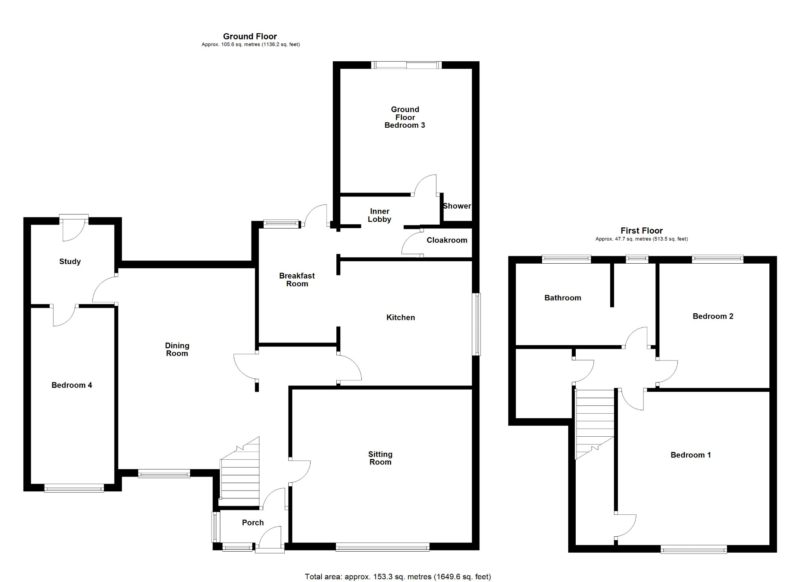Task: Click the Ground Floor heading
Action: (x=250, y=36)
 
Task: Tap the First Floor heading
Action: (x=641, y=230)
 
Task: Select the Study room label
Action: (x=70, y=261)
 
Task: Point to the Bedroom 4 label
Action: (x=72, y=385)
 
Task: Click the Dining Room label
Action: (x=177, y=349)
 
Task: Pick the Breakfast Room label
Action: (x=297, y=280)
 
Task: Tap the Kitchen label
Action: (x=400, y=318)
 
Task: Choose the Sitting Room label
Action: (x=380, y=458)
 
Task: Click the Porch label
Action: (x=253, y=523)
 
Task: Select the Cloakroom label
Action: (x=447, y=240)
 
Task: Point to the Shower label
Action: (x=457, y=206)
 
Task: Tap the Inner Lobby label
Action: (x=379, y=215)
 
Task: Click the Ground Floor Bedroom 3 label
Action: (x=405, y=117)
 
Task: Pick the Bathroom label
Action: (x=563, y=298)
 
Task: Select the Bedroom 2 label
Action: (x=713, y=316)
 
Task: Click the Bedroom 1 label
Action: (x=691, y=455)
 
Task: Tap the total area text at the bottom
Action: (x=398, y=577)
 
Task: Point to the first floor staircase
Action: (x=594, y=425)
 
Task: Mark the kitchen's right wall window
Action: (x=476, y=324)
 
